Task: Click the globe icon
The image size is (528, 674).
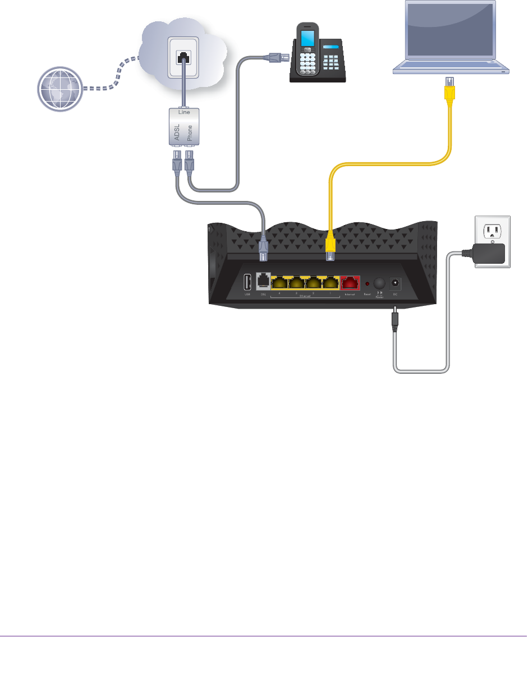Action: pos(59,89)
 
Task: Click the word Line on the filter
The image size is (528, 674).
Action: pos(183,112)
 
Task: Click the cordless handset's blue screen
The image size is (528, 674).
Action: pos(307,39)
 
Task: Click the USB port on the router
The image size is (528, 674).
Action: pos(247,282)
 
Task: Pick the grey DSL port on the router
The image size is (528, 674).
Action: pos(263,282)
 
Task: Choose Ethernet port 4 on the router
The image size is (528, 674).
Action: pos(279,282)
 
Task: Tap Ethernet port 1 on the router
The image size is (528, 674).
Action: pos(331,282)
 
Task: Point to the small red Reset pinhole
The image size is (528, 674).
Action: pos(367,283)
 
